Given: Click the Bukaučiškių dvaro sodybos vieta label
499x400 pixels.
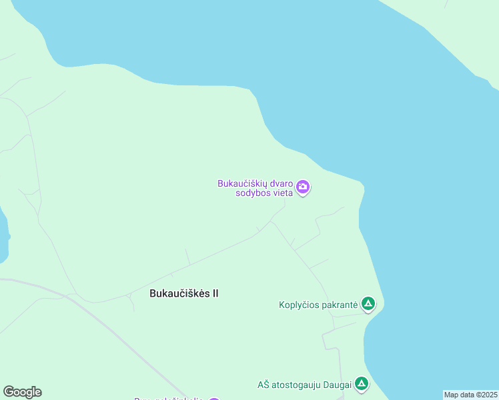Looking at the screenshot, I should pos(256,188).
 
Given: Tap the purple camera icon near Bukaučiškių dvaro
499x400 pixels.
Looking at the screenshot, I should pos(304,187).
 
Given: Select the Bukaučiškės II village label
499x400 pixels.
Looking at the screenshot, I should pos(183,293).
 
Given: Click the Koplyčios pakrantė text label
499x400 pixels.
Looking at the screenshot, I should pos(318,305).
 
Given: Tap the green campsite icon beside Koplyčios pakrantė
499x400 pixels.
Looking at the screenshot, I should pos(368,305).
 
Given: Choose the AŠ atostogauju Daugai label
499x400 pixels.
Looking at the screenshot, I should pos(304,384).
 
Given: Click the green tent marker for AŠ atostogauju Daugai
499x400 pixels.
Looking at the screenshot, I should pos(361,383).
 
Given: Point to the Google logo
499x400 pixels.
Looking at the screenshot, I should pos(22,392).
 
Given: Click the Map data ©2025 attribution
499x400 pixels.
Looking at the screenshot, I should pos(471,395).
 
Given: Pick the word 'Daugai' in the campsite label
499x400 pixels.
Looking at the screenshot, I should pos(336,384).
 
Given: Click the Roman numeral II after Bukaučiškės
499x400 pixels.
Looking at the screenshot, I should pos(215,293).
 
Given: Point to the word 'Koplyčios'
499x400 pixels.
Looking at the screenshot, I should pos(298,305).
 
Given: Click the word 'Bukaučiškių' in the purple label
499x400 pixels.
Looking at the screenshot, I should pos(241,183).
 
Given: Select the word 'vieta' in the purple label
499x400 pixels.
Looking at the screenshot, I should pos(282,193).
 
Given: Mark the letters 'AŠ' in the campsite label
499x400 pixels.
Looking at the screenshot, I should pos(264,384).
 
